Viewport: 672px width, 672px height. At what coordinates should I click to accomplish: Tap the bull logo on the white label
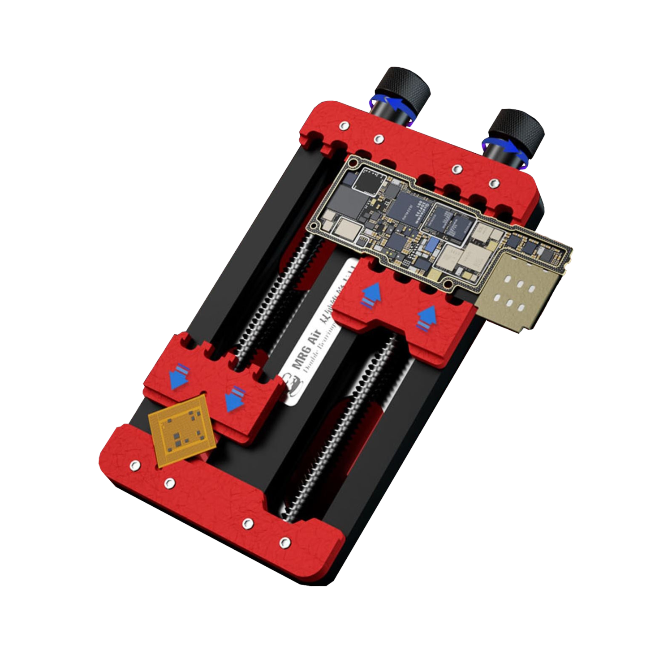coord(293,386)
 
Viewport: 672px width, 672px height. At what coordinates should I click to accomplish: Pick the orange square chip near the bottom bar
coord(181,431)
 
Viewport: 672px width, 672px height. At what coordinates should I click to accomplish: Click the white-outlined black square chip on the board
coord(369,183)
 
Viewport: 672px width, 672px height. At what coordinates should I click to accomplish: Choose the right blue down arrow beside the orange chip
coord(235,399)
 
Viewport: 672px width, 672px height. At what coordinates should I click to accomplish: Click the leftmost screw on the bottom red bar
coord(134,465)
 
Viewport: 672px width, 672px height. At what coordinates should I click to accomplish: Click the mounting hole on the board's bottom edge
coord(448,284)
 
